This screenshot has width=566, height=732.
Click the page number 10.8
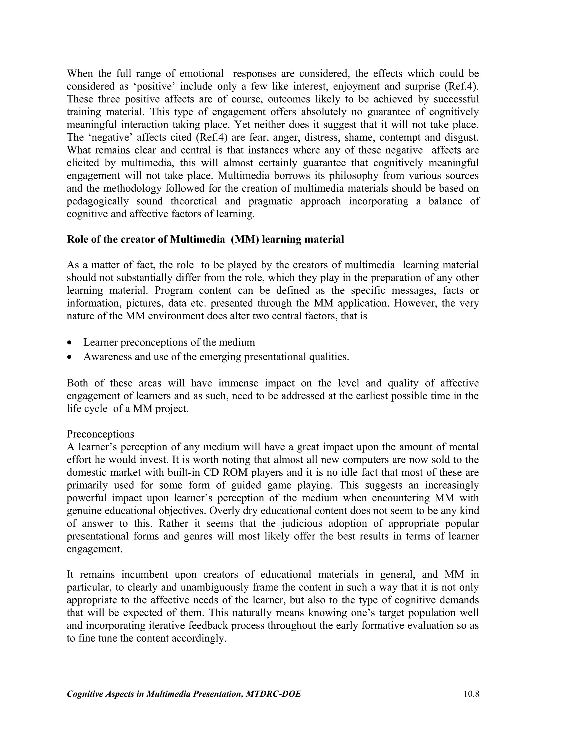pos(471,694)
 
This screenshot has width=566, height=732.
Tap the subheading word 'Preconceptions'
pos(100,434)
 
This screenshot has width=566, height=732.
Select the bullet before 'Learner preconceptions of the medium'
pos(69,343)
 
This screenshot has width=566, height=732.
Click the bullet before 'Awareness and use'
pos(69,357)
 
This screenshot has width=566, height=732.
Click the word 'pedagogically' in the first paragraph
pos(98,201)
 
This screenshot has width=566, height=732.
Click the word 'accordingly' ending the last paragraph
pos(199,638)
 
